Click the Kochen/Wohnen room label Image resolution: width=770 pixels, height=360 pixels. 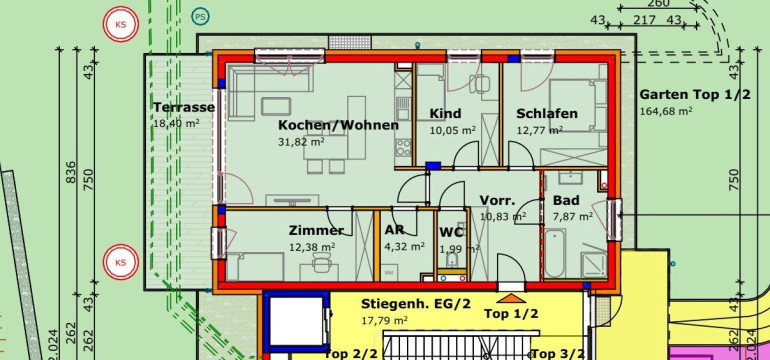tap(338, 125)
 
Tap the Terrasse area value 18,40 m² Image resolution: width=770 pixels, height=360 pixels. tap(177, 123)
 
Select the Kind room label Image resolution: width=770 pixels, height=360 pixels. tap(445, 114)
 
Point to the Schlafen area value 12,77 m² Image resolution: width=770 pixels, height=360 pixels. tap(539, 131)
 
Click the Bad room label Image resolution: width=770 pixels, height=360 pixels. tap(566, 200)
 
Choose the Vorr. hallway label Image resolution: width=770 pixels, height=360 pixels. tap(497, 200)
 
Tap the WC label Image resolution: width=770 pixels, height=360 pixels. tap(451, 232)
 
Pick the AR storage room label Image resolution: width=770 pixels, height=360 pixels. tap(394, 230)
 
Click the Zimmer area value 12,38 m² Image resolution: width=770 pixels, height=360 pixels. tap(312, 248)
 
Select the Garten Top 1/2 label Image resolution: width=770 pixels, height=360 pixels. tap(695, 95)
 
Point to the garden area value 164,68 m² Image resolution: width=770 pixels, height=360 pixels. tap(666, 111)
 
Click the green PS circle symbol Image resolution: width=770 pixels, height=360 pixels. tap(200, 17)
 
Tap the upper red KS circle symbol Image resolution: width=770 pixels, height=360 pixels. tap(121, 24)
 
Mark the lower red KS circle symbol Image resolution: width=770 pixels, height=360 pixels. tap(121, 262)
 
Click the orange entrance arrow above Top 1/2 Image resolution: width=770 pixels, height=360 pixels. tap(511, 298)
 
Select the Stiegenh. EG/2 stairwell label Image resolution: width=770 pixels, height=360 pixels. tap(415, 304)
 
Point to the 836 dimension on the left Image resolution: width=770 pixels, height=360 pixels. tap(71, 172)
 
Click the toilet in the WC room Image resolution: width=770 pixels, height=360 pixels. tap(453, 260)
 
